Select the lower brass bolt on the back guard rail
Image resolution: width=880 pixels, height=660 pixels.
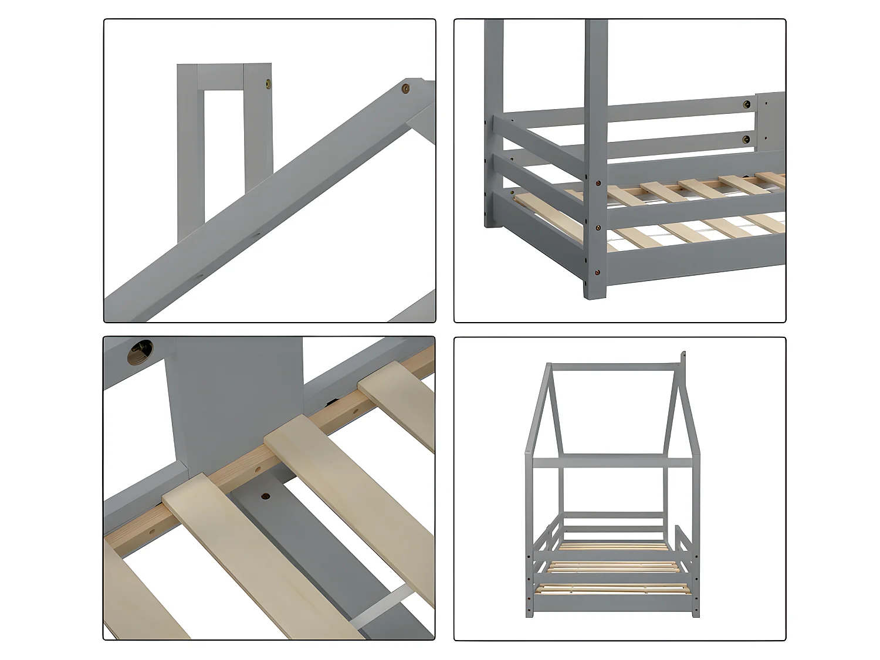pos(747,139)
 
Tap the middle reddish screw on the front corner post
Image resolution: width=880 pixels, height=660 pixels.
pos(598,228)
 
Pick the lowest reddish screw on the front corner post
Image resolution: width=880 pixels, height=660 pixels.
pos(598,272)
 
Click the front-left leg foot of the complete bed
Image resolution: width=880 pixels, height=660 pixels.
pos(530,613)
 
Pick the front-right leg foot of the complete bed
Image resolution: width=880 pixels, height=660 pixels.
pos(696,613)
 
